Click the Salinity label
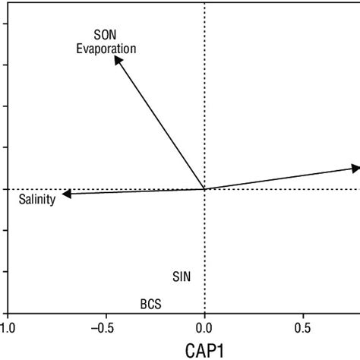(x=36, y=201)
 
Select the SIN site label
(x=182, y=276)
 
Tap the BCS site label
(x=150, y=305)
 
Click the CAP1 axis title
(x=204, y=350)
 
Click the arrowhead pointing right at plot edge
(x=355, y=167)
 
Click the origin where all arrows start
(x=204, y=189)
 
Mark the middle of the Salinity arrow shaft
(x=134, y=192)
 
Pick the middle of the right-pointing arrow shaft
(x=279, y=178)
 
